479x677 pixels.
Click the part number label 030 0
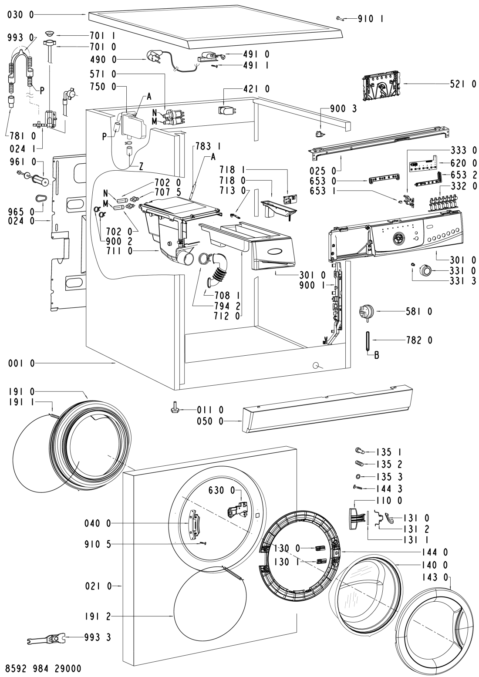pos(20,15)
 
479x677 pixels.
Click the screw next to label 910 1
pos(340,18)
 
